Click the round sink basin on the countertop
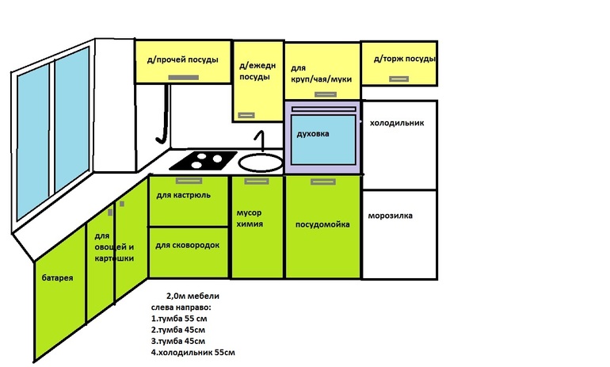261,162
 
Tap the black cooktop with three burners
204,160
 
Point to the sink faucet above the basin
261,141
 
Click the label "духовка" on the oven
313,134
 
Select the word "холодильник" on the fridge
397,123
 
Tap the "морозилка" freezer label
391,216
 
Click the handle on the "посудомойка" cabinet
323,182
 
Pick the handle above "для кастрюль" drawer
189,181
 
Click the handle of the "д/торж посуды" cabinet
398,79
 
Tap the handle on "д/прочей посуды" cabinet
184,78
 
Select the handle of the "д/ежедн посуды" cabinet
246,115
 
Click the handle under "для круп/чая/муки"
326,94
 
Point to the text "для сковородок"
188,245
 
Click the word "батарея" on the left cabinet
58,278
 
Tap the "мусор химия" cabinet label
250,218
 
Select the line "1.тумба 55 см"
179,319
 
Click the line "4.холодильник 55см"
193,353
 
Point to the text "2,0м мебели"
193,296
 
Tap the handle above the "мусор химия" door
257,182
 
